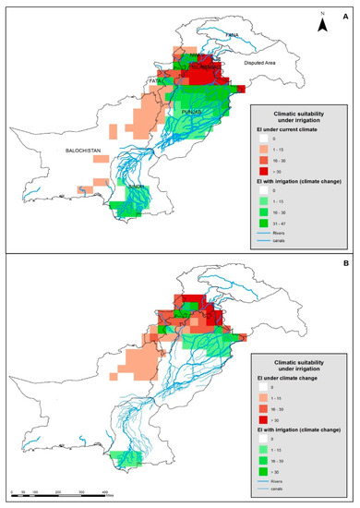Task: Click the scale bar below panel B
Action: click(x=60, y=493)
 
